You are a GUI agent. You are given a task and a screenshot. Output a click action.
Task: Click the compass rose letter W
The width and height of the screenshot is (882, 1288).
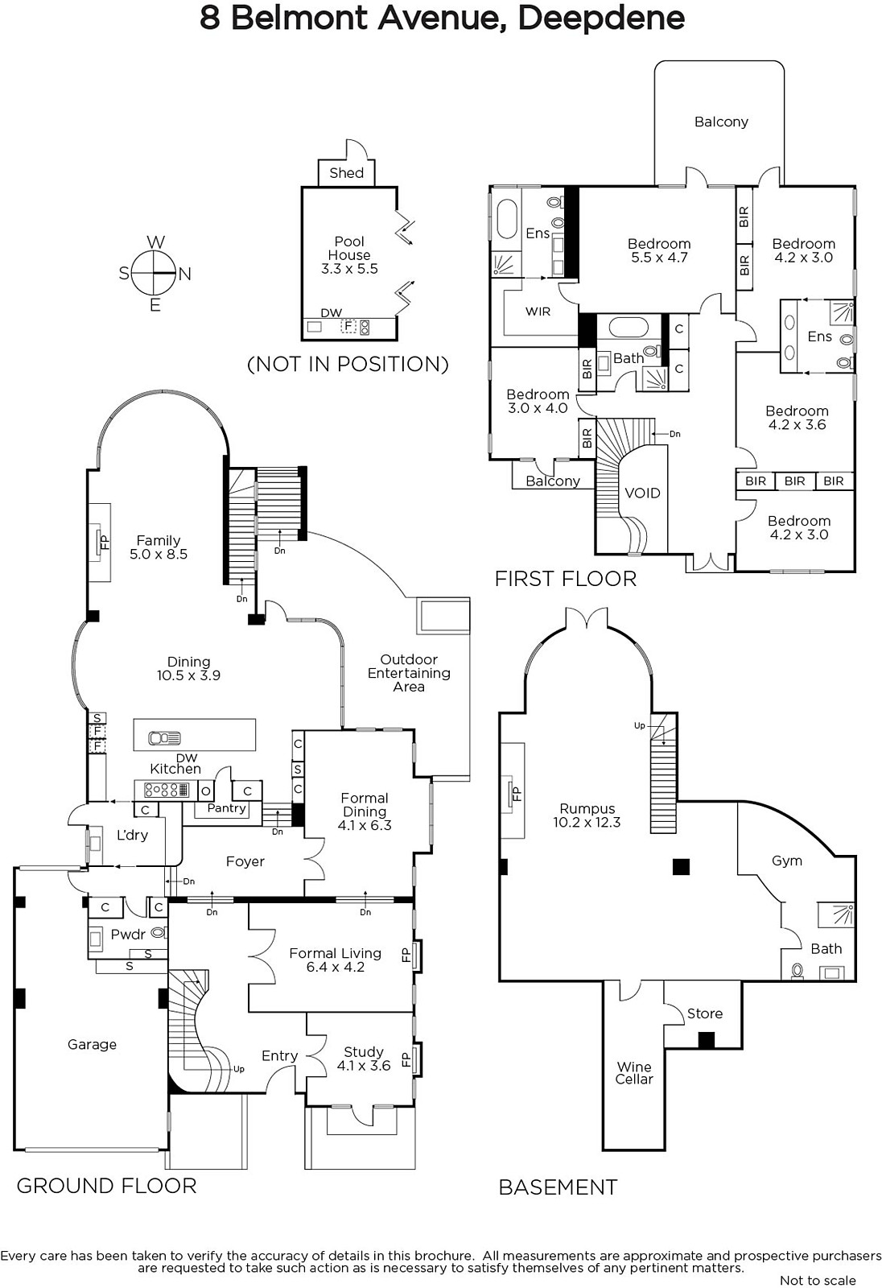click(155, 242)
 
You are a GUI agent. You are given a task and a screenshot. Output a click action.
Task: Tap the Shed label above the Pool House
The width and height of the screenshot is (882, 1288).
click(346, 173)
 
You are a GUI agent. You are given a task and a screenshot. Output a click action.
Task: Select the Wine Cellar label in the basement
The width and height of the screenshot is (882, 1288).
click(634, 1072)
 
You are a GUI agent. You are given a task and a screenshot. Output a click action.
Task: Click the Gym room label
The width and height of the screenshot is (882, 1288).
click(786, 861)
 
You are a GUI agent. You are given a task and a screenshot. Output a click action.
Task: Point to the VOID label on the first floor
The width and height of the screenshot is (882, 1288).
click(642, 493)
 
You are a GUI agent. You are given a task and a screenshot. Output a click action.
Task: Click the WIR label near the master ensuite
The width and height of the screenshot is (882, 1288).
click(538, 311)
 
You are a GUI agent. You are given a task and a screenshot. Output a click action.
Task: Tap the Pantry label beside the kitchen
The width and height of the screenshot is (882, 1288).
click(226, 808)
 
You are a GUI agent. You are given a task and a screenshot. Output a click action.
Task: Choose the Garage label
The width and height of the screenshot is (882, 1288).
click(92, 1044)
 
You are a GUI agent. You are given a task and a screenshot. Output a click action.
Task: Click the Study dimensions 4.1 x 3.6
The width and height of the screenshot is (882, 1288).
click(364, 1066)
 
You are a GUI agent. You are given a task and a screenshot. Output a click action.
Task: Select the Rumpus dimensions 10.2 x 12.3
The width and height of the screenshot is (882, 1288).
click(587, 823)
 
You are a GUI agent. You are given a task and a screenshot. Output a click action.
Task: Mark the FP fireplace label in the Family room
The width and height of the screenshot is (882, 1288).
click(103, 541)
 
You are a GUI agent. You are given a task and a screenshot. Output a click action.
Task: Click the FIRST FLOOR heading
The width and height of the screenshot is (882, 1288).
click(565, 579)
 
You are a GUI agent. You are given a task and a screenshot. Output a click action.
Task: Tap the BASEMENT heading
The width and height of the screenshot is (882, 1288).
click(558, 1187)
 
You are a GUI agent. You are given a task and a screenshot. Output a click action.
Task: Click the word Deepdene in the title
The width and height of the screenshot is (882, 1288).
click(601, 18)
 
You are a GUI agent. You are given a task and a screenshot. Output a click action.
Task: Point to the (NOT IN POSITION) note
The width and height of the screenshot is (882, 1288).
click(348, 364)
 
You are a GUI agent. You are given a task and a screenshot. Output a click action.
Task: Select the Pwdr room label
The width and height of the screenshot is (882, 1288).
click(128, 934)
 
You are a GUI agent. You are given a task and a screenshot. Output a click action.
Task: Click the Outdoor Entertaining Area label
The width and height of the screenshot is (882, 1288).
click(409, 673)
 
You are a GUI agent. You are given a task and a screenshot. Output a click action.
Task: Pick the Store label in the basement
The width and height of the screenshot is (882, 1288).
click(704, 1013)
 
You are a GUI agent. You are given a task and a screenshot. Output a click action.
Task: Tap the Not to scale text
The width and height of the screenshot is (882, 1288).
click(818, 1280)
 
